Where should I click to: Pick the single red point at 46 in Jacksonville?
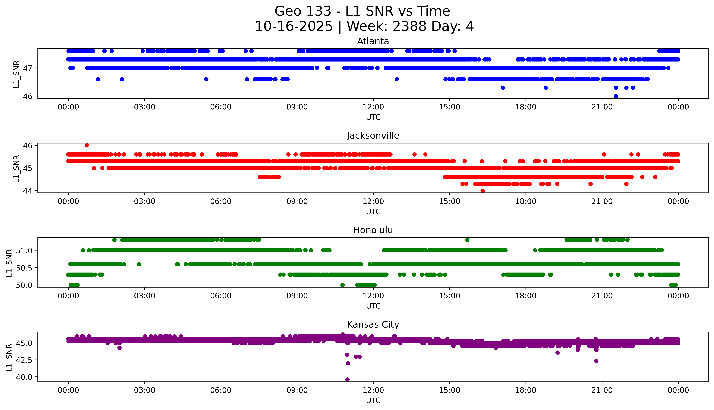click(x=86, y=145)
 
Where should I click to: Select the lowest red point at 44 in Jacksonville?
click(x=482, y=191)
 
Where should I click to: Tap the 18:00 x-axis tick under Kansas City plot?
click(x=526, y=390)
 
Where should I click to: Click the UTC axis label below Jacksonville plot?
click(x=373, y=211)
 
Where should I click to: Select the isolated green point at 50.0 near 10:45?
click(x=342, y=285)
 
